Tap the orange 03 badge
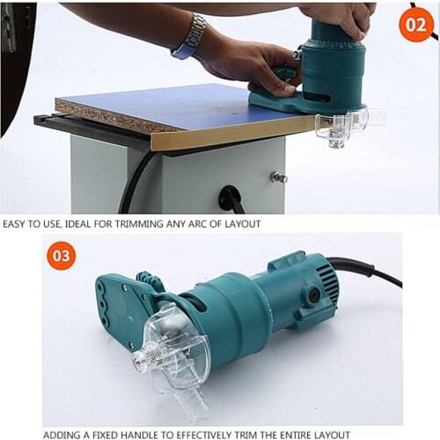click(x=61, y=256)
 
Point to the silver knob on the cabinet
click(x=278, y=177)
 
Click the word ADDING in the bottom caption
click(x=63, y=433)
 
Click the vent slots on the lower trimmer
click(x=325, y=281)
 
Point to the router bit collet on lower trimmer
click(x=141, y=359)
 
